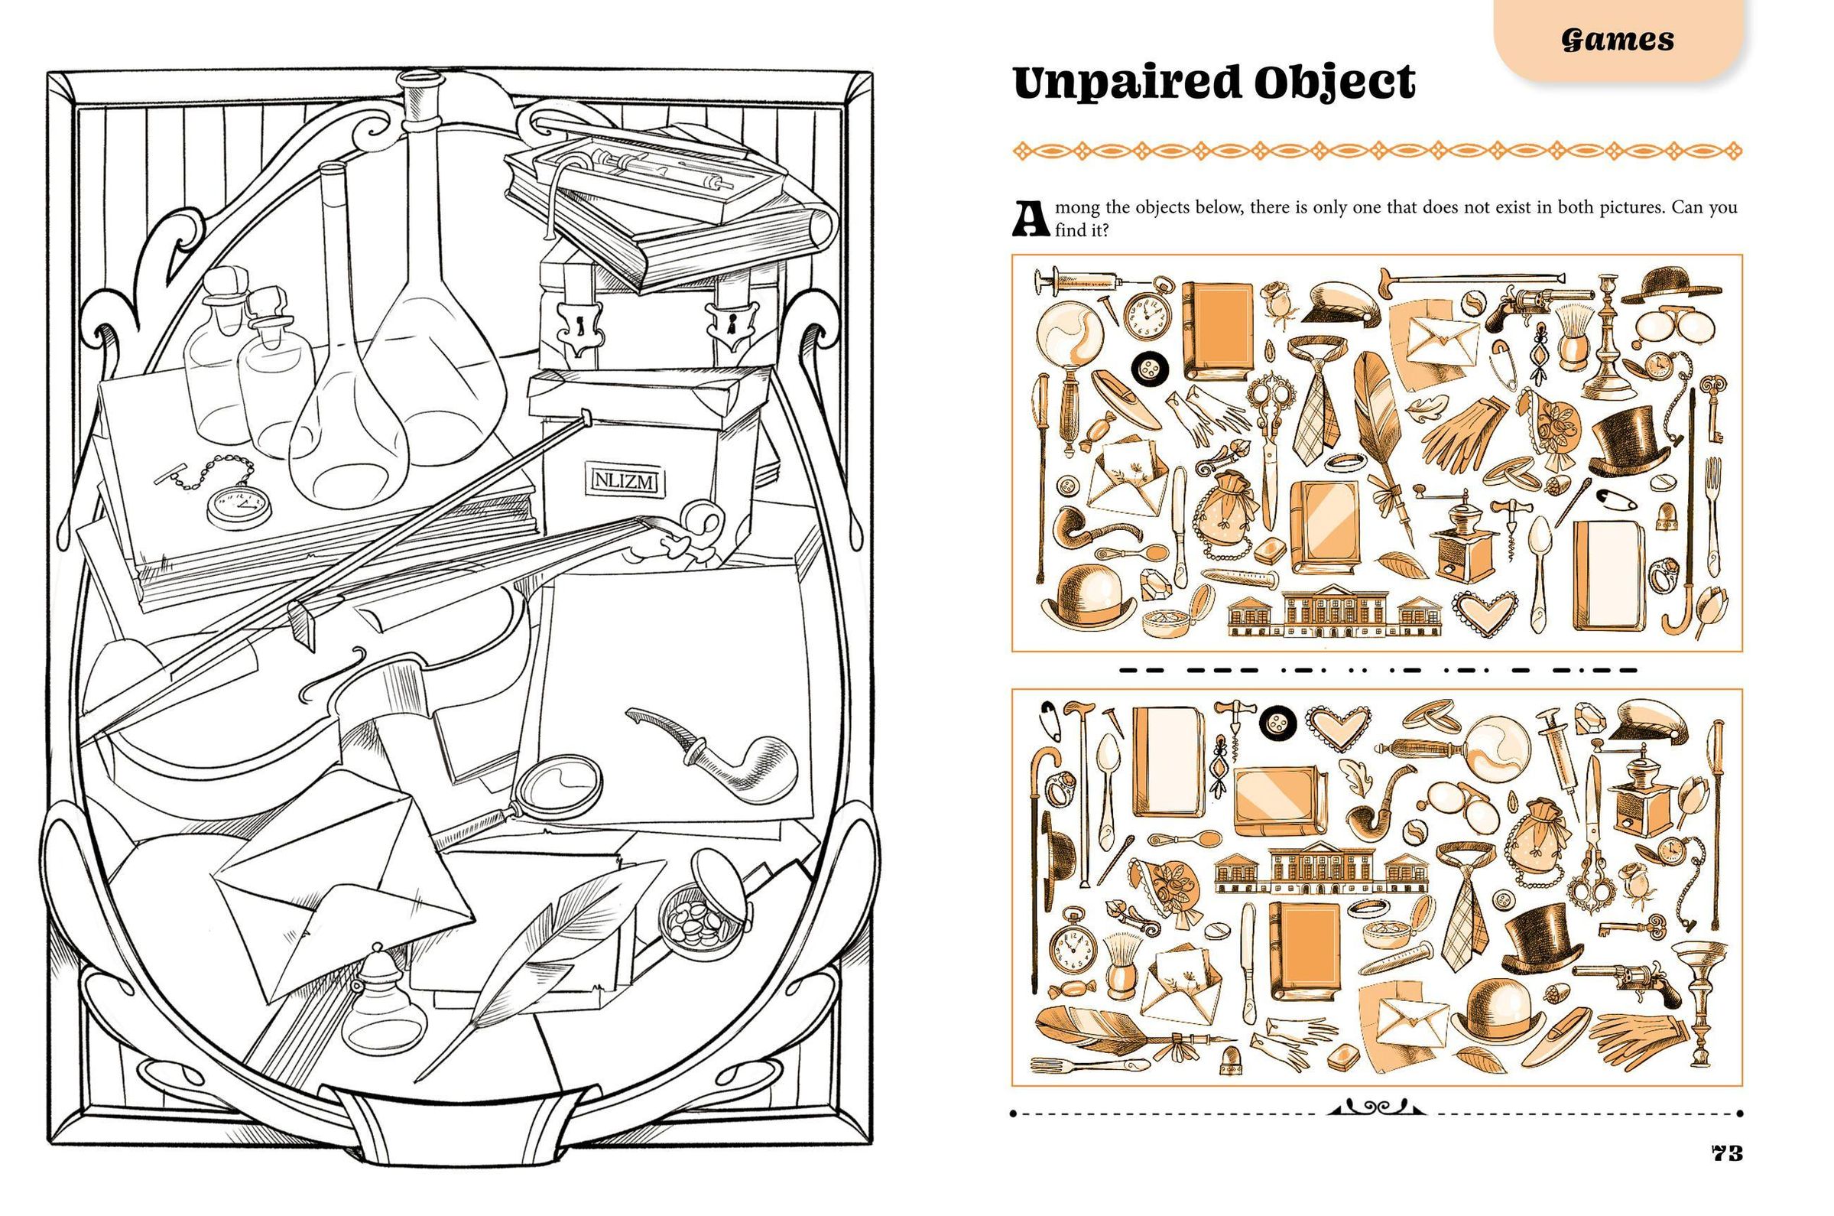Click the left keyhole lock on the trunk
(578, 326)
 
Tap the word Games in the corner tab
(1618, 40)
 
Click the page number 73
(1726, 1153)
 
